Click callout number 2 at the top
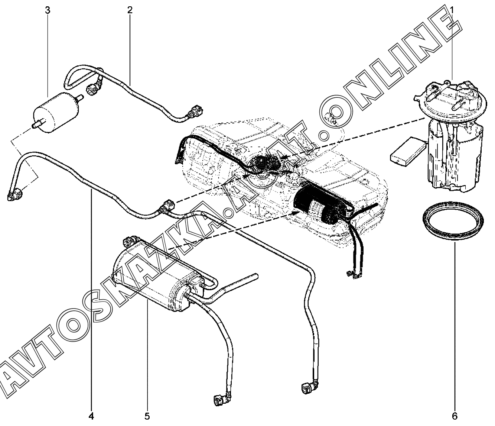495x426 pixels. tap(130, 10)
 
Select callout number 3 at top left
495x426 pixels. tap(48, 10)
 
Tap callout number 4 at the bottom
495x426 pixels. tap(91, 416)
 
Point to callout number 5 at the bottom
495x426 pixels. tap(147, 416)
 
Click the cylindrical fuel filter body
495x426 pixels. tap(56, 112)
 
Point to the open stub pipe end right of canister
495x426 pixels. tap(256, 276)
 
